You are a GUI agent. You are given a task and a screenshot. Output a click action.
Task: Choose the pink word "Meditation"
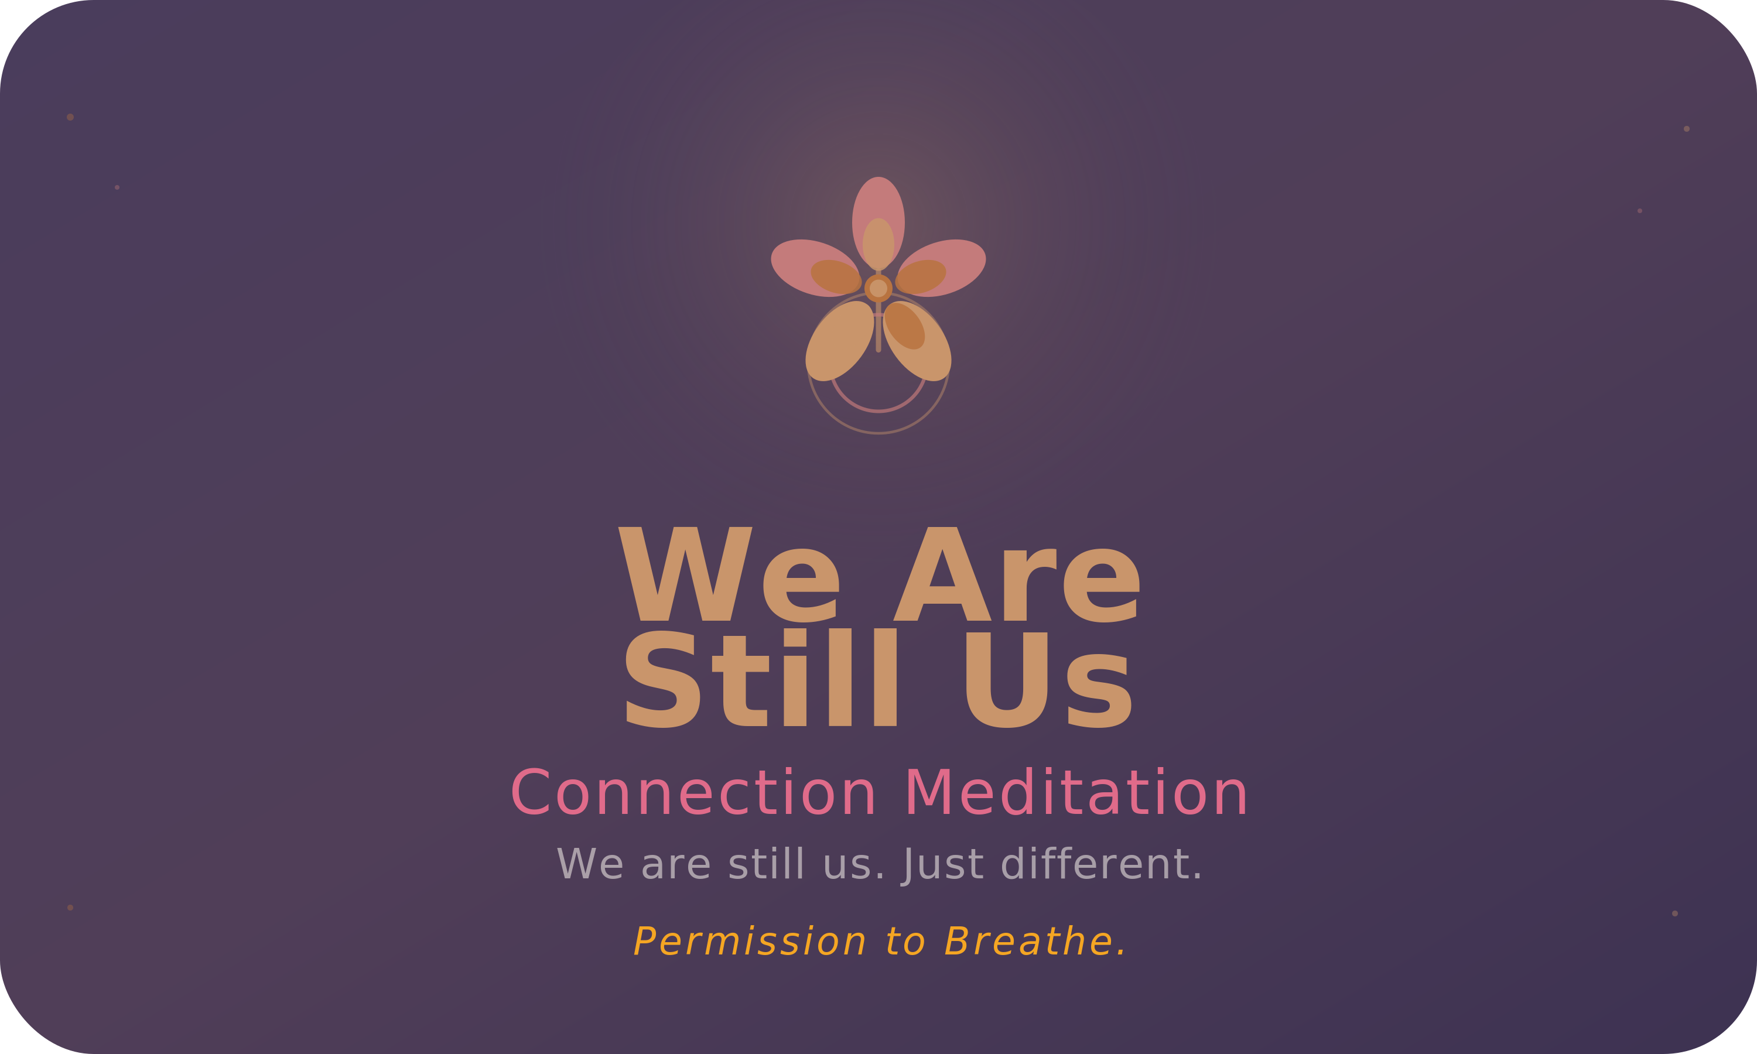click(x=1075, y=794)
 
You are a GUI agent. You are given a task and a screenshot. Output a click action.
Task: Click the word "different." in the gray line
click(x=1101, y=865)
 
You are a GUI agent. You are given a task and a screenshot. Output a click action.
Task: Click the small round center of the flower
click(x=878, y=288)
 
